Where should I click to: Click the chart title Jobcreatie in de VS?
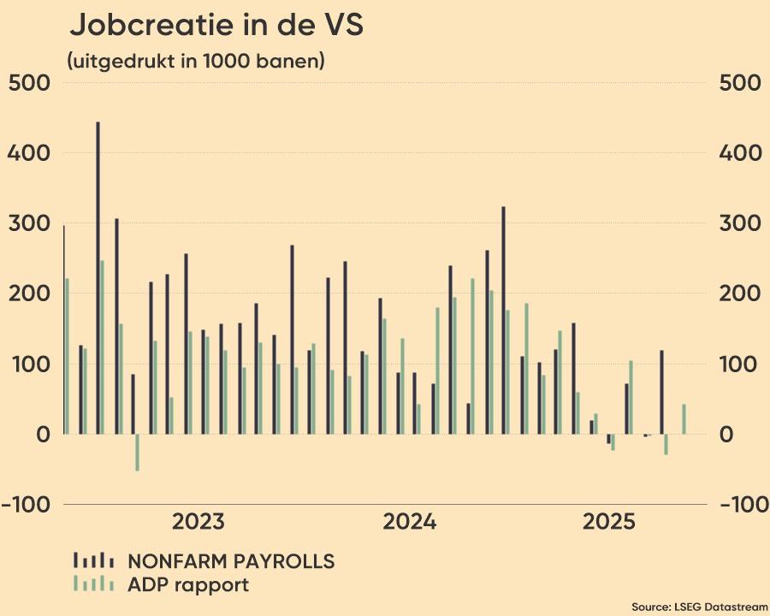pos(216,26)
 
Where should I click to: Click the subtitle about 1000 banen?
pos(195,62)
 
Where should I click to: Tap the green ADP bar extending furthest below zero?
pos(137,452)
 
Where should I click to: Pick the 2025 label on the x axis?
pos(609,522)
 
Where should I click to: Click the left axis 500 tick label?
pos(29,84)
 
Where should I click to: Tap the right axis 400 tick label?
pos(740,154)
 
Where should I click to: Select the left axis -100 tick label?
pos(27,505)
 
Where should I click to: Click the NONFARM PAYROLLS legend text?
pos(231,562)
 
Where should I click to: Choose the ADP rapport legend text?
pos(188,585)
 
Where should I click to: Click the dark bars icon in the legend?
pos(94,560)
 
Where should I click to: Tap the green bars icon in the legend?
pos(94,583)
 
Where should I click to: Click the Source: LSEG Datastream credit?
pos(700,607)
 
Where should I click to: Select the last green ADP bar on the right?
pos(684,419)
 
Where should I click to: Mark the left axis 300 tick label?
pos(29,224)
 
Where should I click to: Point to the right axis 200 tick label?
pos(740,294)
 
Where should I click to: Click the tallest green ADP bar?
pos(102,347)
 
